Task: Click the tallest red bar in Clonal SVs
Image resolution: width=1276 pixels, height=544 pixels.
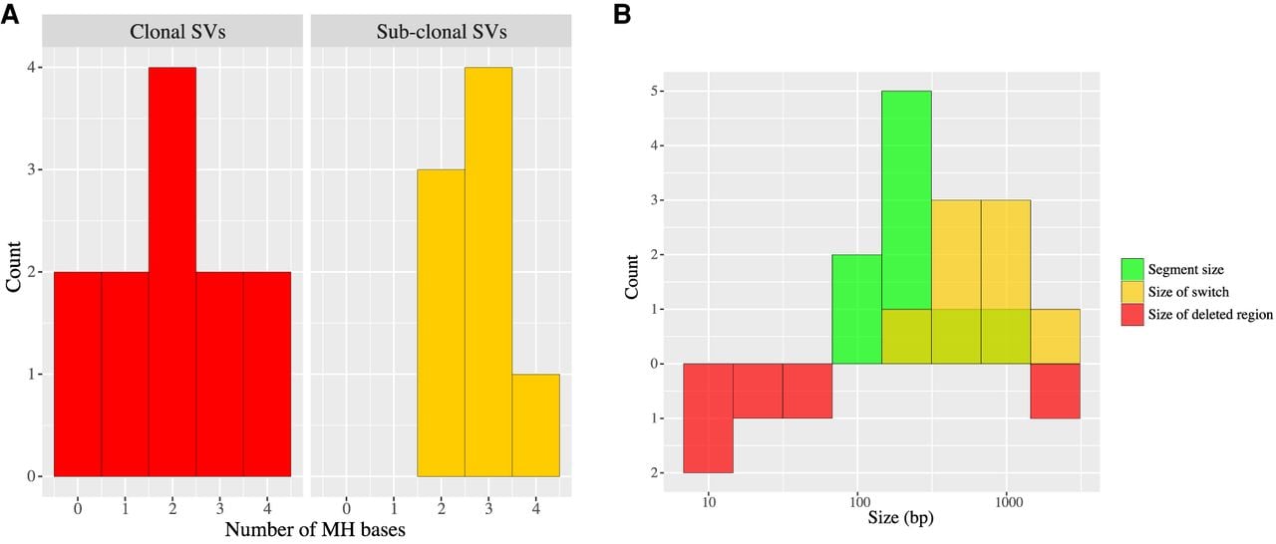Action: coord(172,271)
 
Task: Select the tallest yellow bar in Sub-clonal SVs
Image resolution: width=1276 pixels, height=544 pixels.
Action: coord(488,271)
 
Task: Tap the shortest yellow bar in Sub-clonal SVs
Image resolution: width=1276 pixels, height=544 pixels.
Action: coord(535,425)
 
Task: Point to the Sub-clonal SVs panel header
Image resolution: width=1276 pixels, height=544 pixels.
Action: coord(441,31)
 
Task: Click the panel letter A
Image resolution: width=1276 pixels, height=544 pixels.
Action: coord(10,15)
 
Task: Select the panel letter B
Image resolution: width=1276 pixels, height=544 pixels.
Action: coord(622,15)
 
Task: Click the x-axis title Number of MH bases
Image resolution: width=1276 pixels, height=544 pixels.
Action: coord(315,530)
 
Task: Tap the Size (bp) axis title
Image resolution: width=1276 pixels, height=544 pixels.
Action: coord(900,517)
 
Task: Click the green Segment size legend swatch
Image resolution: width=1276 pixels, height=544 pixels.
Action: coord(1132,269)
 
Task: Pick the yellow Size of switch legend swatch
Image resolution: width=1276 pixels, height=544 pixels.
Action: coord(1132,292)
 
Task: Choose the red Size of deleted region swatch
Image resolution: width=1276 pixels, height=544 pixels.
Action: coord(1132,315)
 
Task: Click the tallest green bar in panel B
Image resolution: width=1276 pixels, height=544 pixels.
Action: coord(906,227)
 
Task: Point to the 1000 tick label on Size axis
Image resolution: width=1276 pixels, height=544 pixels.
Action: coord(1008,502)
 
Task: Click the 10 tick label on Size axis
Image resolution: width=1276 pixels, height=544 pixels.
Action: coord(709,502)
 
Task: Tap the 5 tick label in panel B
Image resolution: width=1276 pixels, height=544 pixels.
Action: coord(653,91)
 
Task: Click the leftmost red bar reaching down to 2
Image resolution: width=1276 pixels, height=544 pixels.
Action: coord(708,418)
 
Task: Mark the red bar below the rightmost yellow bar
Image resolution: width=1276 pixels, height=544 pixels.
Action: coord(1055,391)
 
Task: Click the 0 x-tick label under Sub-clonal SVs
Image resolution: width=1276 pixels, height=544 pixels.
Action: coord(346,507)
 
